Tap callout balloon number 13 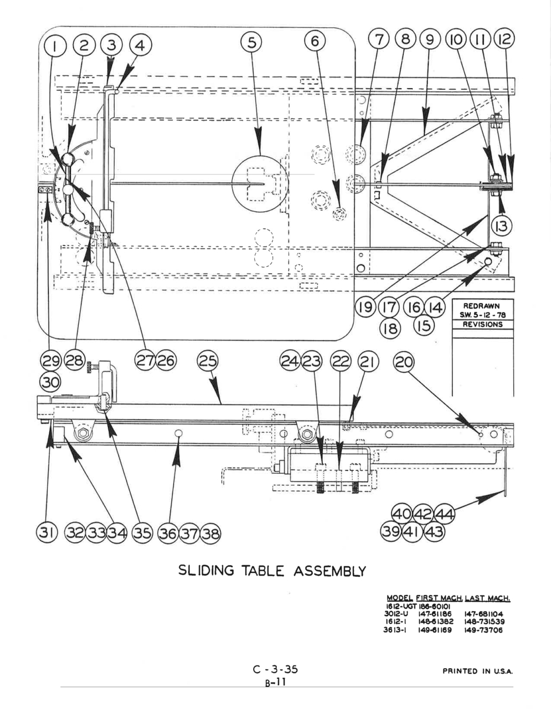(x=502, y=226)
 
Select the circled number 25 (x=208, y=361)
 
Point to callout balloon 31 (x=47, y=532)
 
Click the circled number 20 (x=403, y=362)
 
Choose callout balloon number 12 (x=504, y=39)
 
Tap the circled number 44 (x=445, y=514)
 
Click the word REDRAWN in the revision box (x=481, y=306)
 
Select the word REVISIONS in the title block (x=482, y=324)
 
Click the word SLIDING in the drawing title (x=206, y=570)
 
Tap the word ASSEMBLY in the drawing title (x=329, y=571)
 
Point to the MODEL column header (x=400, y=598)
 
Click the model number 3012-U (x=396, y=614)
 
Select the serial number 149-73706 (x=483, y=630)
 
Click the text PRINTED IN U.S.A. (x=477, y=671)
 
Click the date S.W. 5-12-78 (x=482, y=315)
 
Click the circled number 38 (x=210, y=533)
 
